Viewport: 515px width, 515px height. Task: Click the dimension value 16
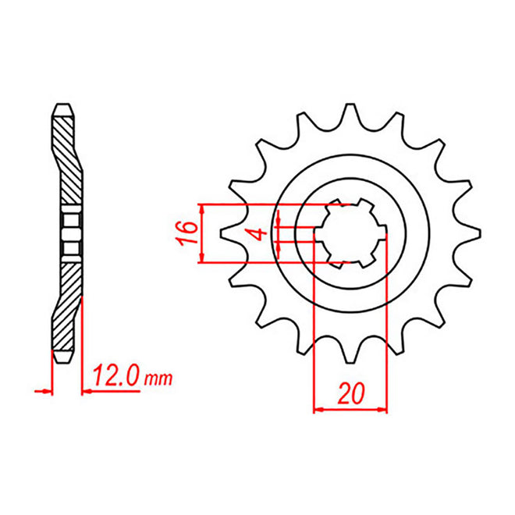click(x=187, y=233)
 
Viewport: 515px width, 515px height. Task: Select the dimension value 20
click(x=351, y=393)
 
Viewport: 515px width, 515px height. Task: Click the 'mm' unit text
click(x=158, y=379)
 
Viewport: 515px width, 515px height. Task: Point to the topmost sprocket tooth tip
click(x=350, y=105)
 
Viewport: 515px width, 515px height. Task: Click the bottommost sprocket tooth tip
click(x=351, y=362)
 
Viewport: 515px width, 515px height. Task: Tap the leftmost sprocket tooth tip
click(x=221, y=233)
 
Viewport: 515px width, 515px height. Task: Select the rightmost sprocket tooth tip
click(x=480, y=233)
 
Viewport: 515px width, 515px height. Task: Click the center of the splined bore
click(x=350, y=233)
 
